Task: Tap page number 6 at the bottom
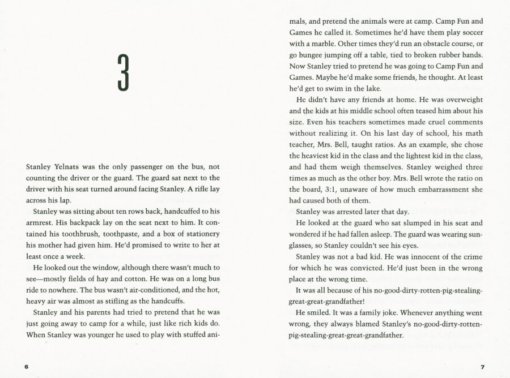pyautogui.click(x=27, y=367)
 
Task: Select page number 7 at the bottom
pyautogui.click(x=482, y=367)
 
